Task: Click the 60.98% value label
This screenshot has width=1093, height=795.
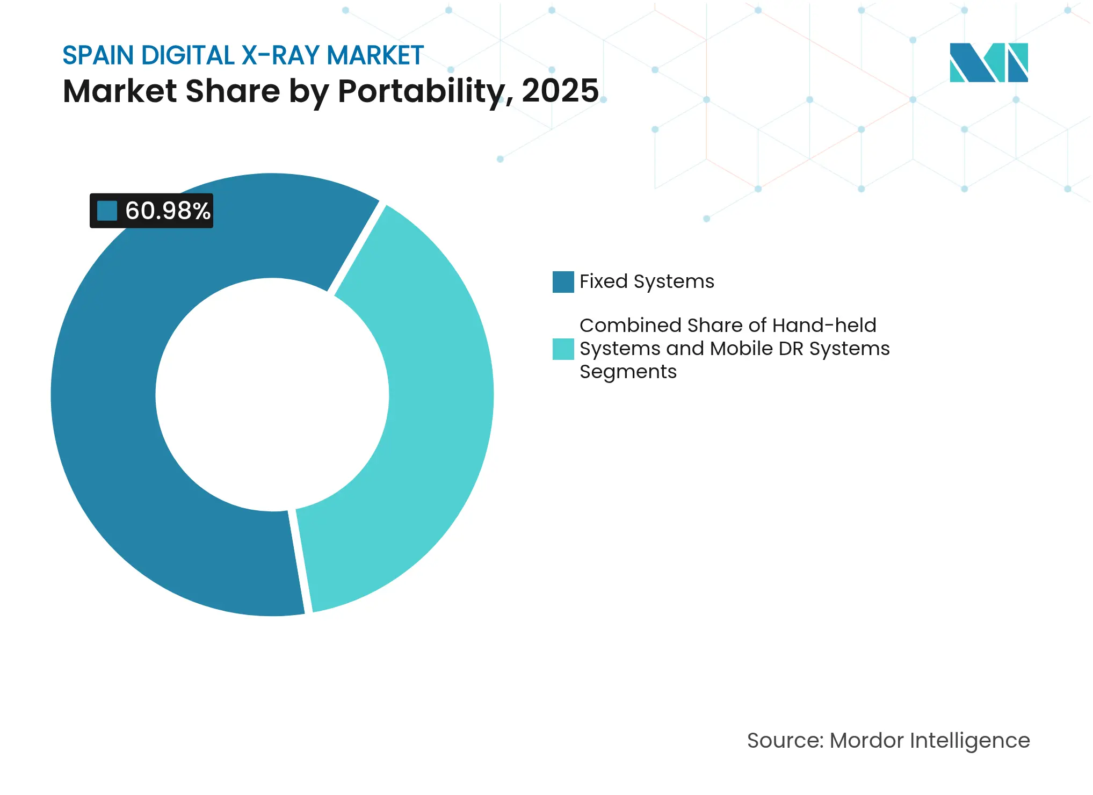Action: [x=167, y=211]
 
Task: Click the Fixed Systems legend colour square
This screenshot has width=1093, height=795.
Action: [x=563, y=282]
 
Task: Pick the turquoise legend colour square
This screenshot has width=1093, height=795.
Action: [x=563, y=349]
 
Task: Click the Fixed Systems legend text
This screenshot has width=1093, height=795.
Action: [x=647, y=281]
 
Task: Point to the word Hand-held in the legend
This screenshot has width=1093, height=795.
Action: [x=824, y=326]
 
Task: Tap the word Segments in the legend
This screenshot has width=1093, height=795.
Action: [x=628, y=372]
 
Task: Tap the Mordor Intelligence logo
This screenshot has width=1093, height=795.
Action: [x=988, y=62]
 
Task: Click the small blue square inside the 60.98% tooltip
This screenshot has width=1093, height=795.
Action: [x=107, y=211]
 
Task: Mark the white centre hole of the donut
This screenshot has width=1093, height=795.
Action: [x=272, y=395]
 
